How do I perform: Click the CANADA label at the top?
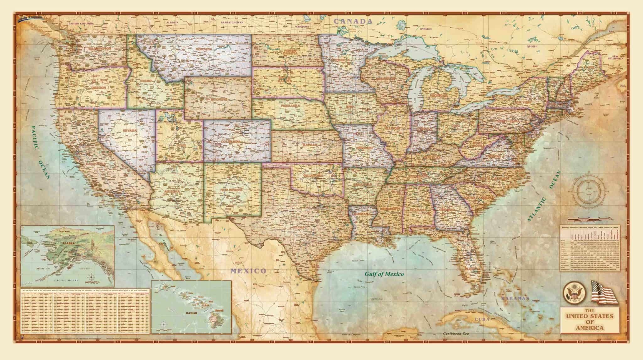pyautogui.click(x=353, y=21)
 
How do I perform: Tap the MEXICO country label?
pyautogui.click(x=248, y=262)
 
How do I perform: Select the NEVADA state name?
pyautogui.click(x=130, y=130)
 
